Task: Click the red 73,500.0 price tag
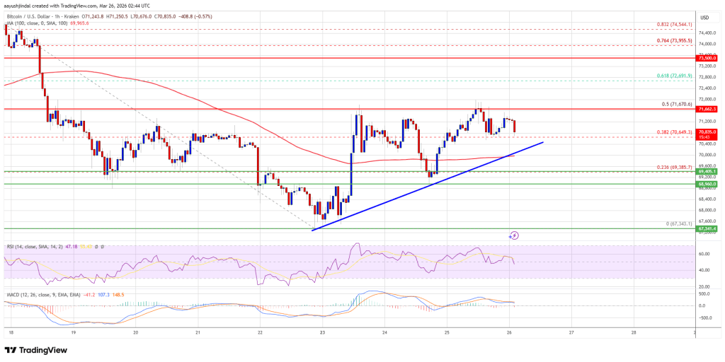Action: pos(707,59)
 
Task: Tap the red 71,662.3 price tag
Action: pos(707,109)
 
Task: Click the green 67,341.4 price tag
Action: pos(707,229)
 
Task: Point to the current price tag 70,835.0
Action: pos(707,132)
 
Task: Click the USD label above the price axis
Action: pos(705,17)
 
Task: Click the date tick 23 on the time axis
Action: pos(323,332)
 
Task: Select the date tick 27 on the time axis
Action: pos(571,332)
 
